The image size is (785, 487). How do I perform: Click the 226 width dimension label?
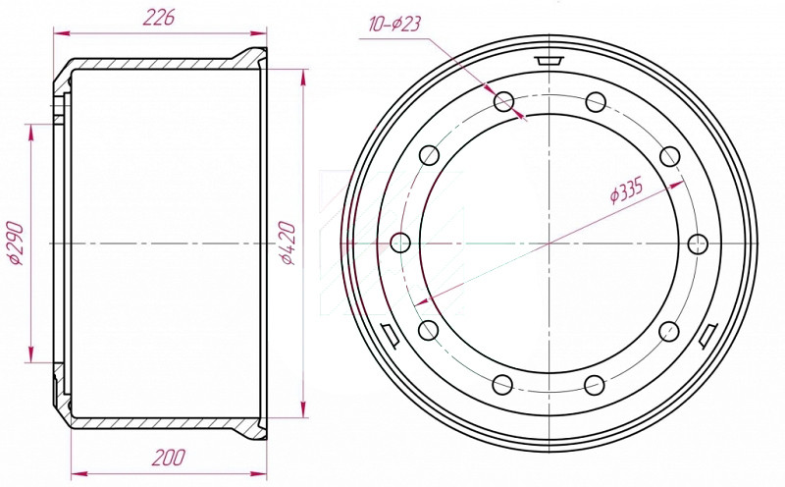tap(159, 18)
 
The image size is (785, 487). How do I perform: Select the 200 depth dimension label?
tap(169, 458)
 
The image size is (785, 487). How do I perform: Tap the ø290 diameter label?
tap(15, 243)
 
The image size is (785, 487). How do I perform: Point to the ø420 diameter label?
tap(288, 243)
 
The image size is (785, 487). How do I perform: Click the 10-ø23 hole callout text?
tap(394, 24)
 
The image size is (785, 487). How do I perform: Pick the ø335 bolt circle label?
tap(626, 190)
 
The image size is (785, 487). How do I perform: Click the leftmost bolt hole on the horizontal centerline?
tap(400, 243)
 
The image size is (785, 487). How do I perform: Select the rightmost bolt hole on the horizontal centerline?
tap(698, 244)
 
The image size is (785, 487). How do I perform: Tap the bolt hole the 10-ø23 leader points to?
tap(504, 102)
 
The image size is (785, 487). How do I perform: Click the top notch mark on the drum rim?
tap(549, 61)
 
